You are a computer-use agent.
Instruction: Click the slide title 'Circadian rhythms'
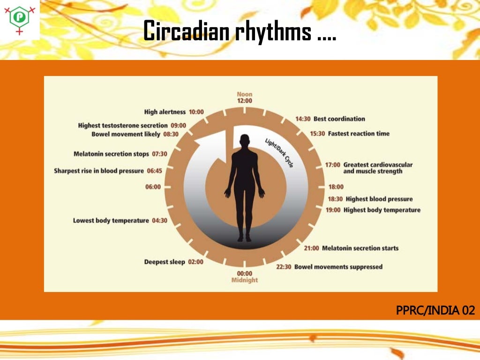[239, 32]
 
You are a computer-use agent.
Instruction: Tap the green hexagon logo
[20, 17]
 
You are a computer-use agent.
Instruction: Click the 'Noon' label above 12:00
[244, 94]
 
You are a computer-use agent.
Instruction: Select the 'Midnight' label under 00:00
[244, 280]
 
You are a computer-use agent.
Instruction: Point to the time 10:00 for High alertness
[196, 112]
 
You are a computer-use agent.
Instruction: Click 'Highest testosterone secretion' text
[123, 126]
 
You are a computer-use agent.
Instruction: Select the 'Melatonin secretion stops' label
[111, 154]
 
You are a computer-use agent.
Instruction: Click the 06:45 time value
[154, 171]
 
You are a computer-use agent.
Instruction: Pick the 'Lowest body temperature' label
[111, 220]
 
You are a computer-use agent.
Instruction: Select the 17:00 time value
[333, 165]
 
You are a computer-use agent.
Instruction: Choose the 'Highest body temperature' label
[382, 210]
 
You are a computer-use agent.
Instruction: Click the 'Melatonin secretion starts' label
[360, 248]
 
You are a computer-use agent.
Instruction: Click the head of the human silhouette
[244, 141]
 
